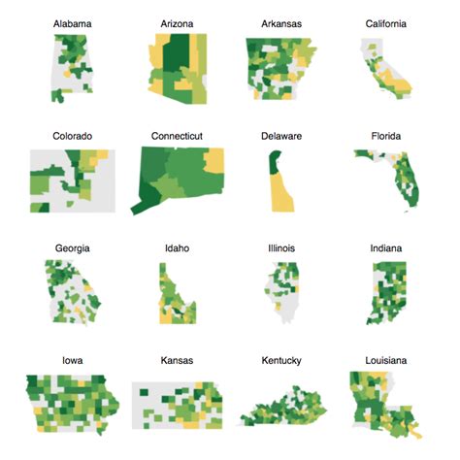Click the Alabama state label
click(x=73, y=22)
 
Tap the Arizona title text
click(x=176, y=22)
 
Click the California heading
click(x=385, y=22)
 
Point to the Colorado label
click(x=73, y=136)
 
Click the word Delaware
click(x=280, y=136)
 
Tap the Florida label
click(x=385, y=136)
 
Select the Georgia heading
click(x=73, y=248)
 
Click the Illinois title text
click(x=280, y=248)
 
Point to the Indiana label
click(x=385, y=248)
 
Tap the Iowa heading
click(x=73, y=360)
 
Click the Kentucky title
click(x=280, y=360)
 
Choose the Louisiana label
click(x=385, y=360)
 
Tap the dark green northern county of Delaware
click(x=271, y=160)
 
